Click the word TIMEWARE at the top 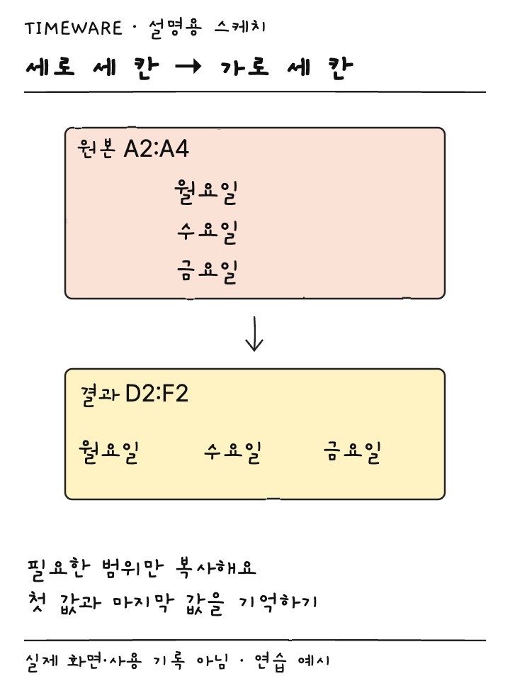(x=74, y=28)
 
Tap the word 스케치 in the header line (x=240, y=28)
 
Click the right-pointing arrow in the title (x=188, y=67)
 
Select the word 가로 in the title (x=244, y=68)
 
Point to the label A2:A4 (x=156, y=148)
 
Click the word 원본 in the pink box (x=96, y=148)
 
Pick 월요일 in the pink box (x=205, y=192)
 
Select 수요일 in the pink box (x=207, y=233)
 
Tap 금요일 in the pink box (x=207, y=272)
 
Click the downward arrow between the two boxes (x=254, y=333)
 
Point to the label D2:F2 (x=157, y=394)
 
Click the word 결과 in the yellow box (x=100, y=394)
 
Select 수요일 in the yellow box (x=232, y=453)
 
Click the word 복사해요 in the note (x=215, y=567)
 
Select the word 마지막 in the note (x=143, y=603)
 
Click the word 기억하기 (x=278, y=603)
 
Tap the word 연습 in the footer (x=270, y=662)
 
